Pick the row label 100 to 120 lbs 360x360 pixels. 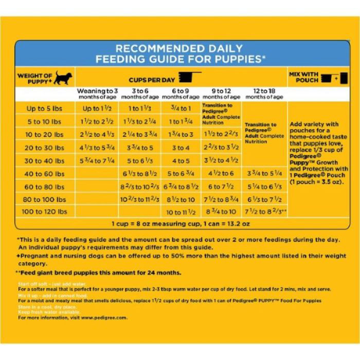click(45, 211)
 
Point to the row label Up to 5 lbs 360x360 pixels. click(45, 109)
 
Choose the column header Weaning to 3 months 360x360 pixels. click(97, 94)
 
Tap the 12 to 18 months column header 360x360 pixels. click(264, 94)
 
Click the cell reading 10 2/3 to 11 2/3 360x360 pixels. click(139, 199)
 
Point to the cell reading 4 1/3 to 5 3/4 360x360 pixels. click(97, 148)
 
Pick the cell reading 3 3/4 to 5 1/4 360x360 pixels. click(264, 173)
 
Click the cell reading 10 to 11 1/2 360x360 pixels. click(181, 212)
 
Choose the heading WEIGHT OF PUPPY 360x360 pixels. click(35, 79)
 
